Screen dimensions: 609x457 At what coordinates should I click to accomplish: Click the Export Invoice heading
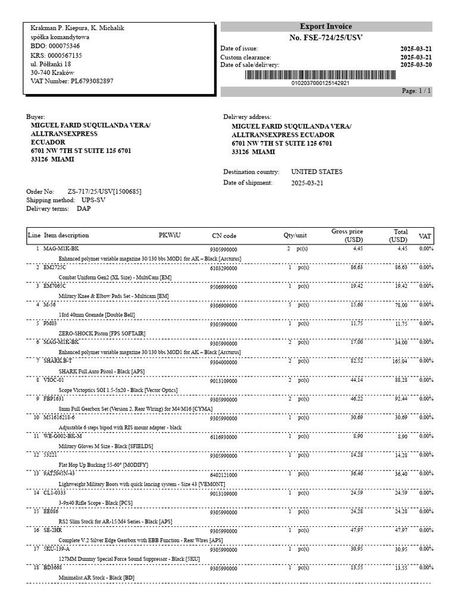point(325,27)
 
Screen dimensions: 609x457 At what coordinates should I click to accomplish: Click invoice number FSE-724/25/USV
point(325,38)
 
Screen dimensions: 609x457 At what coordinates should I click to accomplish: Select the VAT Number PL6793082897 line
point(71,81)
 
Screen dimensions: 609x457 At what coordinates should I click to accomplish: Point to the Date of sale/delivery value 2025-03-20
point(416,65)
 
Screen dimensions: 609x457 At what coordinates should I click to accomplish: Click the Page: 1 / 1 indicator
point(417,91)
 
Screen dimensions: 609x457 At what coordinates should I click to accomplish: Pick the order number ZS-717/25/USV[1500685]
point(105,192)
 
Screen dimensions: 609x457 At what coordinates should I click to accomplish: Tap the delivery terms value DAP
point(84,209)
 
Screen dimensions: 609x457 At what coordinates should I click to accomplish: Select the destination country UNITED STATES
point(317,172)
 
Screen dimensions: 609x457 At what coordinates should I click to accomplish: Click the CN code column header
point(224,236)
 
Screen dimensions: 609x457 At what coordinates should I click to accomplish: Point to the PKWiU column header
point(170,235)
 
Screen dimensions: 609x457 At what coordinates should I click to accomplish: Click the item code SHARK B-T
point(58,361)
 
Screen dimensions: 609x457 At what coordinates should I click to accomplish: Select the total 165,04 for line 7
point(397,361)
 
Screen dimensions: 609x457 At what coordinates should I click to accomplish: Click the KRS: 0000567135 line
point(56,55)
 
